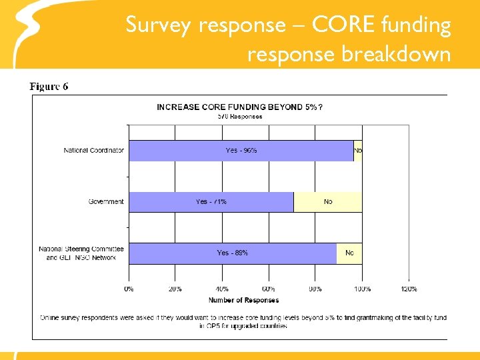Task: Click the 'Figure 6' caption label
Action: click(49, 87)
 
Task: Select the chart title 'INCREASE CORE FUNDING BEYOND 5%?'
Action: click(240, 107)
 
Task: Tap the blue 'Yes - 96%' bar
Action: click(241, 151)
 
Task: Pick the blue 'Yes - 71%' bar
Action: click(211, 201)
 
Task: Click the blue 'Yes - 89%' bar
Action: click(232, 253)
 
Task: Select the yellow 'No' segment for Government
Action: click(328, 201)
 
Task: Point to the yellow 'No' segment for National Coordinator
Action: click(358, 151)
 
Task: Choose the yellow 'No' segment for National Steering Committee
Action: click(349, 253)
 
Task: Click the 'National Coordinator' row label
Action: click(94, 151)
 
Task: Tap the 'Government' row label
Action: click(106, 201)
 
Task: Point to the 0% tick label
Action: click(129, 289)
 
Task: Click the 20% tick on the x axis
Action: click(175, 289)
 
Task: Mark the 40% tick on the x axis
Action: click(222, 289)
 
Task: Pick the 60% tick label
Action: click(269, 289)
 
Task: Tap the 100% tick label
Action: click(362, 289)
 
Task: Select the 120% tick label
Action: click(409, 289)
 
